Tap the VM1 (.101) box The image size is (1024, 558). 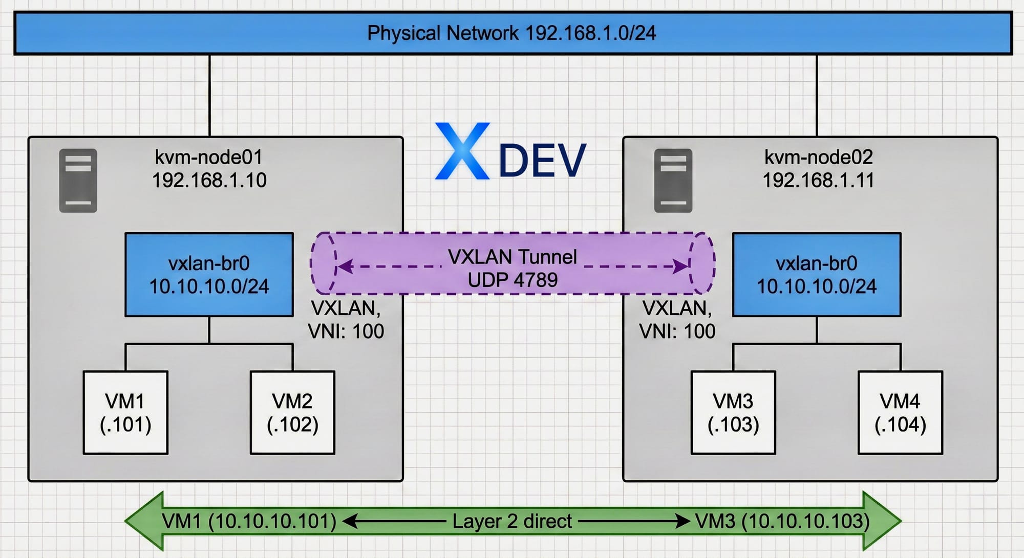click(125, 412)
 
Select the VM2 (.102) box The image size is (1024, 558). click(292, 412)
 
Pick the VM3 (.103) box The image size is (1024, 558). click(733, 412)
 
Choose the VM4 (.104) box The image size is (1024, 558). click(900, 412)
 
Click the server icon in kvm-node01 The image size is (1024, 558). click(78, 181)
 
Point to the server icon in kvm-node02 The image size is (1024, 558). click(673, 181)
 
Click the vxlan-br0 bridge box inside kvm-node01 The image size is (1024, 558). click(209, 275)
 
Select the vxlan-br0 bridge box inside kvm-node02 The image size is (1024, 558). click(816, 275)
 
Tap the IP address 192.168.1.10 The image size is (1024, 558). click(209, 181)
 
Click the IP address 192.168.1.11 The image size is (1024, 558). click(818, 181)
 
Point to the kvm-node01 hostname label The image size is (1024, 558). click(208, 157)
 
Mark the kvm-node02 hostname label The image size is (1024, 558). click(818, 157)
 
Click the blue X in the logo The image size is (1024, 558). click(462, 151)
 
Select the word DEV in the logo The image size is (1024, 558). click(542, 161)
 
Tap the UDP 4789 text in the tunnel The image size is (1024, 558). click(513, 280)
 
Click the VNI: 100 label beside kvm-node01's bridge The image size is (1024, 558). click(346, 331)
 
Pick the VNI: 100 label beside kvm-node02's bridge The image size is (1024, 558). click(677, 331)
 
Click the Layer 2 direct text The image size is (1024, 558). click(512, 521)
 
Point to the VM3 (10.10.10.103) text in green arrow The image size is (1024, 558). click(782, 521)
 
